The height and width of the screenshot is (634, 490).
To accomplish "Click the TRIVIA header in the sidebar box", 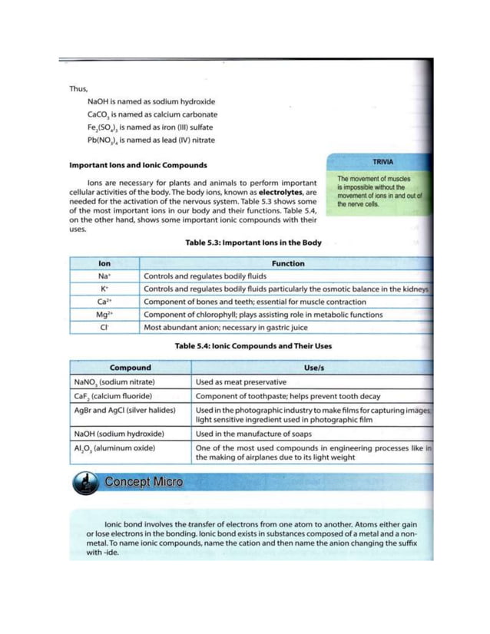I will click(x=382, y=163).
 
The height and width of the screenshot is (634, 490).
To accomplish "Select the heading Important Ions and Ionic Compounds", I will click(x=137, y=165).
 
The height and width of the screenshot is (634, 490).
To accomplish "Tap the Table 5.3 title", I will click(x=253, y=243).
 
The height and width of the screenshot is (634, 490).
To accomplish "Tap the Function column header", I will click(x=287, y=263).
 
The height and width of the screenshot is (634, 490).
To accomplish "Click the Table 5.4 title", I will click(x=253, y=346).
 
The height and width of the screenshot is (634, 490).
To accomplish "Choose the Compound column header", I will click(x=130, y=368).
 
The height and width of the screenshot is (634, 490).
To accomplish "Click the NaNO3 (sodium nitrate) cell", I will click(x=114, y=381).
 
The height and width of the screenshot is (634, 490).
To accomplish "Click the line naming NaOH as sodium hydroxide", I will click(x=151, y=101).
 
